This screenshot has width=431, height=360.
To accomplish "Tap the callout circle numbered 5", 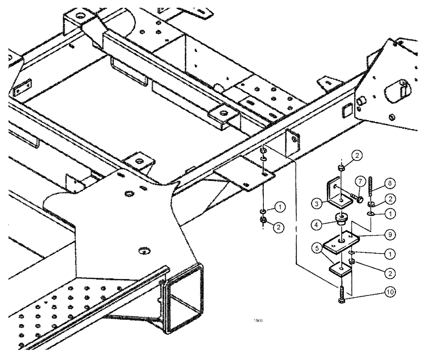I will (317, 248).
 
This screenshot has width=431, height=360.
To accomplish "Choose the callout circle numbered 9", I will (390, 235).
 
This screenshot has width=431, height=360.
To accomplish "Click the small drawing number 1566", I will (258, 320).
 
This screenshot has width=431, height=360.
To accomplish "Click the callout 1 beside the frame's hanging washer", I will (280, 208).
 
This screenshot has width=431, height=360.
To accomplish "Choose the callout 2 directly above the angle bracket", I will (359, 155).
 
